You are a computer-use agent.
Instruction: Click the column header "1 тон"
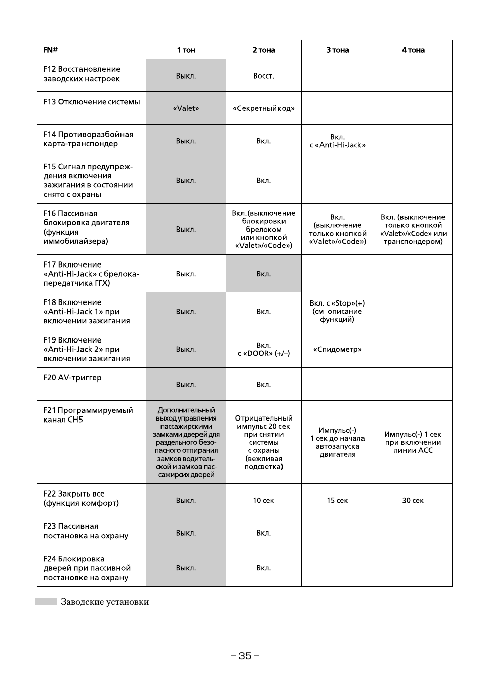186,50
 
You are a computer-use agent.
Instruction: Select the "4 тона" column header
413,50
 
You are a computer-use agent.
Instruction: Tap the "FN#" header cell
50,50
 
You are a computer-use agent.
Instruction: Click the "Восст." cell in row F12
263,75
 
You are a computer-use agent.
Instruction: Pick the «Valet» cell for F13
186,108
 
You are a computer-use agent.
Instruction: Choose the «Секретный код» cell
263,108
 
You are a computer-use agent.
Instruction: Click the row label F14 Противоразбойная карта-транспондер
88,139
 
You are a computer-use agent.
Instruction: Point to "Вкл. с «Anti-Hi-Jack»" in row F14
338,141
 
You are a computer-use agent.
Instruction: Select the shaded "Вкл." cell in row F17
263,274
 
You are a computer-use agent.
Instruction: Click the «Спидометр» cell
338,349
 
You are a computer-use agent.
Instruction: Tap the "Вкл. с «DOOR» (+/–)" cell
263,349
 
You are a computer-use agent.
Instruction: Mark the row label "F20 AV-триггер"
72,378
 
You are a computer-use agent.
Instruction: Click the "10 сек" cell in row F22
263,500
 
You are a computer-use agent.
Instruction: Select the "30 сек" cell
413,500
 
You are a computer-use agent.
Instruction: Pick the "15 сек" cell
338,500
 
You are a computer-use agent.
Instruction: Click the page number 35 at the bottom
245,656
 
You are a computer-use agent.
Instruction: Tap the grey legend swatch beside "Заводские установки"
46,601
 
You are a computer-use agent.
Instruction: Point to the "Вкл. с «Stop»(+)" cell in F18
338,311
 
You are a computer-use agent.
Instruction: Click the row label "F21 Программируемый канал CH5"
88,415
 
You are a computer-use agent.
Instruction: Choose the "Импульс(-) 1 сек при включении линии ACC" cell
413,442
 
